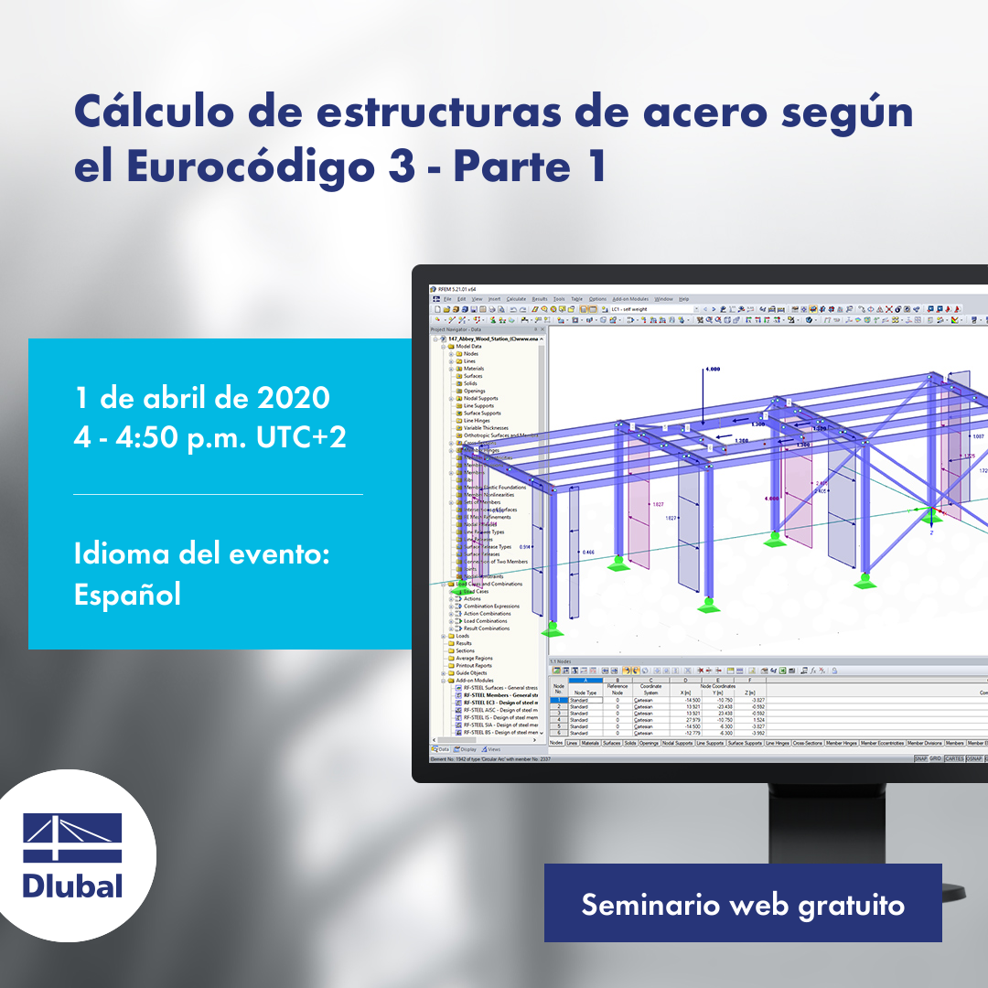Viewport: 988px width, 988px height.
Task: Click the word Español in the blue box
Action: (127, 594)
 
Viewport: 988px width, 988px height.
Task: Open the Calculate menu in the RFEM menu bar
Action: (516, 299)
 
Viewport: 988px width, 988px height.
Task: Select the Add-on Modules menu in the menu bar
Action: (629, 299)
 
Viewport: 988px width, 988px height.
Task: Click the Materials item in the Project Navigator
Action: (474, 369)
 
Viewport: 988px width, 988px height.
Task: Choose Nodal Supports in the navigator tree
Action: (481, 398)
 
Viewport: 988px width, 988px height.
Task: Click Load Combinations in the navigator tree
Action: (484, 621)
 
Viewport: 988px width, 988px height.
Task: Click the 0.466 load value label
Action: (588, 553)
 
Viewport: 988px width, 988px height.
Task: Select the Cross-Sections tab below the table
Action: (808, 743)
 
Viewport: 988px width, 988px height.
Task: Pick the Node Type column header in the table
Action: (585, 693)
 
